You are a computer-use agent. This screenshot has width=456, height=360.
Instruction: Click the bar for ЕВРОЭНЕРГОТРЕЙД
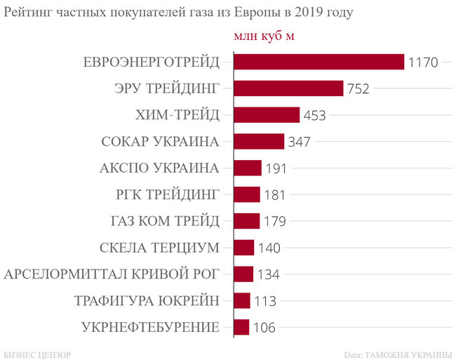(x=318, y=62)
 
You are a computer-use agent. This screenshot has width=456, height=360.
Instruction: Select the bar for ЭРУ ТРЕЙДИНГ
(x=288, y=88)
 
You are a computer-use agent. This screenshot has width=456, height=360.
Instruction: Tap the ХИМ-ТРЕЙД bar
(x=266, y=115)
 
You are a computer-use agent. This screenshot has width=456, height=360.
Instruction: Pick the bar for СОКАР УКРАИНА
(x=258, y=142)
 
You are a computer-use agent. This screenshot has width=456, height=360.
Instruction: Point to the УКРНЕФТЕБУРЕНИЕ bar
(x=241, y=327)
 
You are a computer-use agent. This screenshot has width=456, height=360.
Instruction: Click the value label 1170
(x=422, y=62)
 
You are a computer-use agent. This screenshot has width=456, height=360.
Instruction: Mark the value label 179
(x=276, y=222)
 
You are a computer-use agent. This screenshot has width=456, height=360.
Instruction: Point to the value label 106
(x=264, y=328)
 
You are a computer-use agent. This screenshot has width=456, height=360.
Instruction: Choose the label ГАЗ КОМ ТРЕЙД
(x=165, y=221)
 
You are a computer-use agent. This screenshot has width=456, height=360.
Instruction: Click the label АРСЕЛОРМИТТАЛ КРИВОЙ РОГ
(x=112, y=274)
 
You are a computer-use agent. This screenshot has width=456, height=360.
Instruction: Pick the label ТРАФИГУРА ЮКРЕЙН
(x=147, y=301)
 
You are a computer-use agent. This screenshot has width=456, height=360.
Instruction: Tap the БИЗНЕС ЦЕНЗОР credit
(x=36, y=352)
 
